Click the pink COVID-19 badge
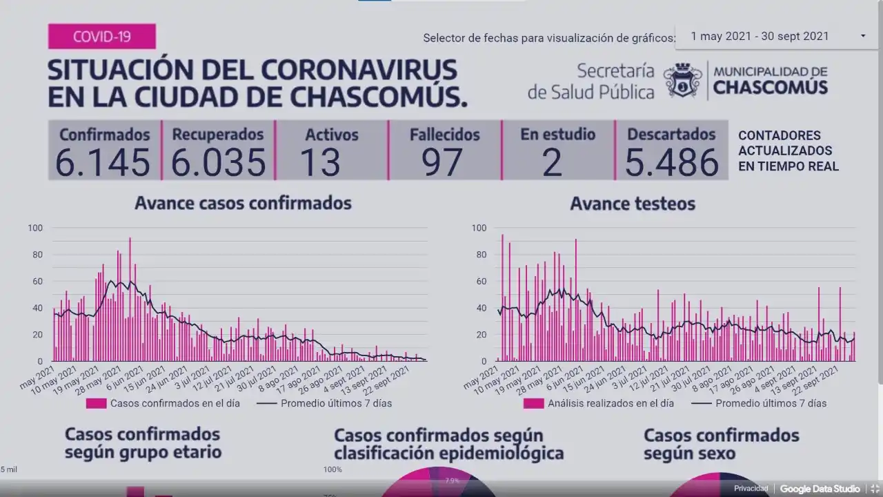tap(102, 37)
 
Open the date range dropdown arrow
tap(863, 37)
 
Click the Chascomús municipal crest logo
tap(682, 81)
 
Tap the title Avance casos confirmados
tap(243, 203)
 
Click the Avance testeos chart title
tap(633, 204)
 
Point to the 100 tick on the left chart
tap(35, 228)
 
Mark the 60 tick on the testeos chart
tap(479, 281)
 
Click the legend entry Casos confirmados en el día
tap(175, 403)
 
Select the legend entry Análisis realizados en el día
tap(611, 403)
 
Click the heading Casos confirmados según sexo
tap(721, 444)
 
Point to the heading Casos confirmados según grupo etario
tap(143, 443)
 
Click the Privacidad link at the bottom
tap(751, 489)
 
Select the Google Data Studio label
tap(820, 489)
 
